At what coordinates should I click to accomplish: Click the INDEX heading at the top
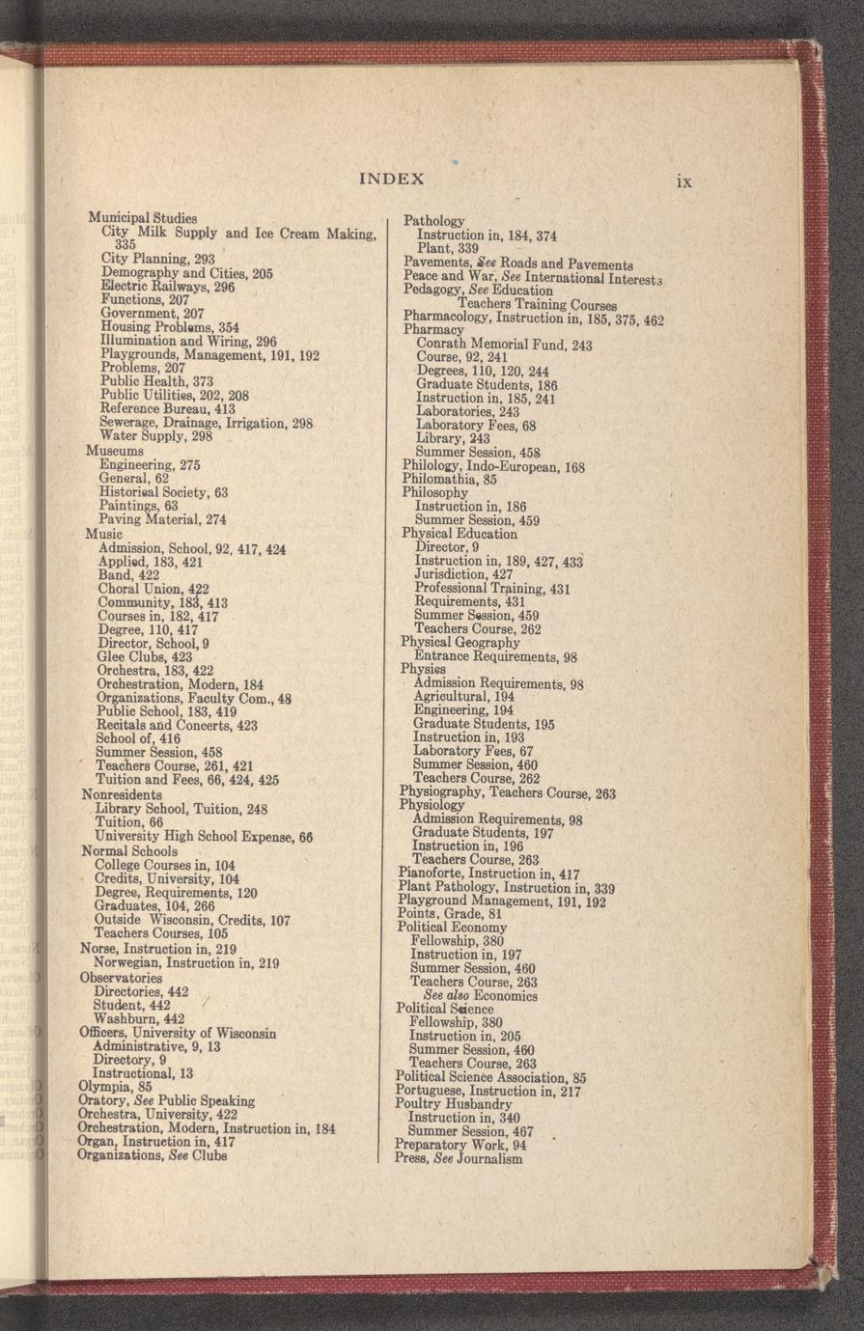click(391, 179)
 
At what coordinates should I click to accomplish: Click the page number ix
click(683, 180)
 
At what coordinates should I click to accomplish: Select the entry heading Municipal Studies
click(143, 218)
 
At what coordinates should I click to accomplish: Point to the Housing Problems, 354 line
click(170, 328)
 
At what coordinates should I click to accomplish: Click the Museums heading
click(115, 451)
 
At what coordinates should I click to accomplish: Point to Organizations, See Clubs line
click(152, 1154)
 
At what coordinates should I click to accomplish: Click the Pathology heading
click(433, 221)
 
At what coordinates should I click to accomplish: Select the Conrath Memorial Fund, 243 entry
click(504, 345)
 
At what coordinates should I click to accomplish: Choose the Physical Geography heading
click(460, 642)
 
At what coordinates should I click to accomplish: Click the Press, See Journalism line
click(459, 1158)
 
